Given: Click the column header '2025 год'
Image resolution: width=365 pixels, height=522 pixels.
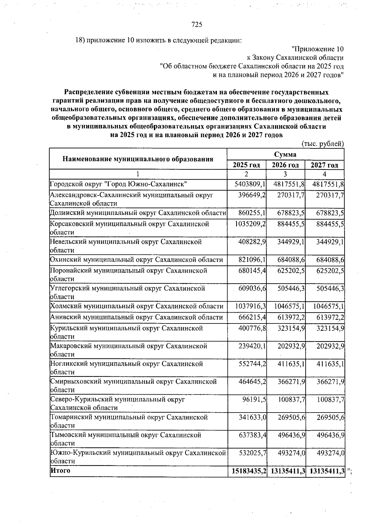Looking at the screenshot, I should click(x=246, y=165).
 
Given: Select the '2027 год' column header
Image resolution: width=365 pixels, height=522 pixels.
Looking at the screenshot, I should click(x=324, y=165).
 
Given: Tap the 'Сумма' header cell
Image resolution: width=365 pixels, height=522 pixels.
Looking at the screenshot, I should click(x=285, y=154).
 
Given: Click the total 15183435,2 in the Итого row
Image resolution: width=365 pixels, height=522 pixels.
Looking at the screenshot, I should click(x=249, y=471).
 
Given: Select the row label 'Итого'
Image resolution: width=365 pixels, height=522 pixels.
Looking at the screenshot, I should click(x=61, y=470).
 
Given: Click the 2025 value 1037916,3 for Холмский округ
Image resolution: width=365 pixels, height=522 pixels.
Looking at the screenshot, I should click(x=250, y=306).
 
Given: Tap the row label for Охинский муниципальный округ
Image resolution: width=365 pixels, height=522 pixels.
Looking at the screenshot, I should click(x=136, y=260).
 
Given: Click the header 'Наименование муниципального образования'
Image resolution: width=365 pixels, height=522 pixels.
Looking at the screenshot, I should click(x=138, y=159).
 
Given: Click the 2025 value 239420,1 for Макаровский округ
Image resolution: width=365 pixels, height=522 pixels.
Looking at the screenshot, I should click(x=252, y=346).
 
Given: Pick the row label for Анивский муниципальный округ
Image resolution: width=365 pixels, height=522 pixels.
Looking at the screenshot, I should click(x=136, y=317).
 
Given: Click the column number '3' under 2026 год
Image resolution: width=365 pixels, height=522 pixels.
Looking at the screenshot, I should click(x=285, y=174).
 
